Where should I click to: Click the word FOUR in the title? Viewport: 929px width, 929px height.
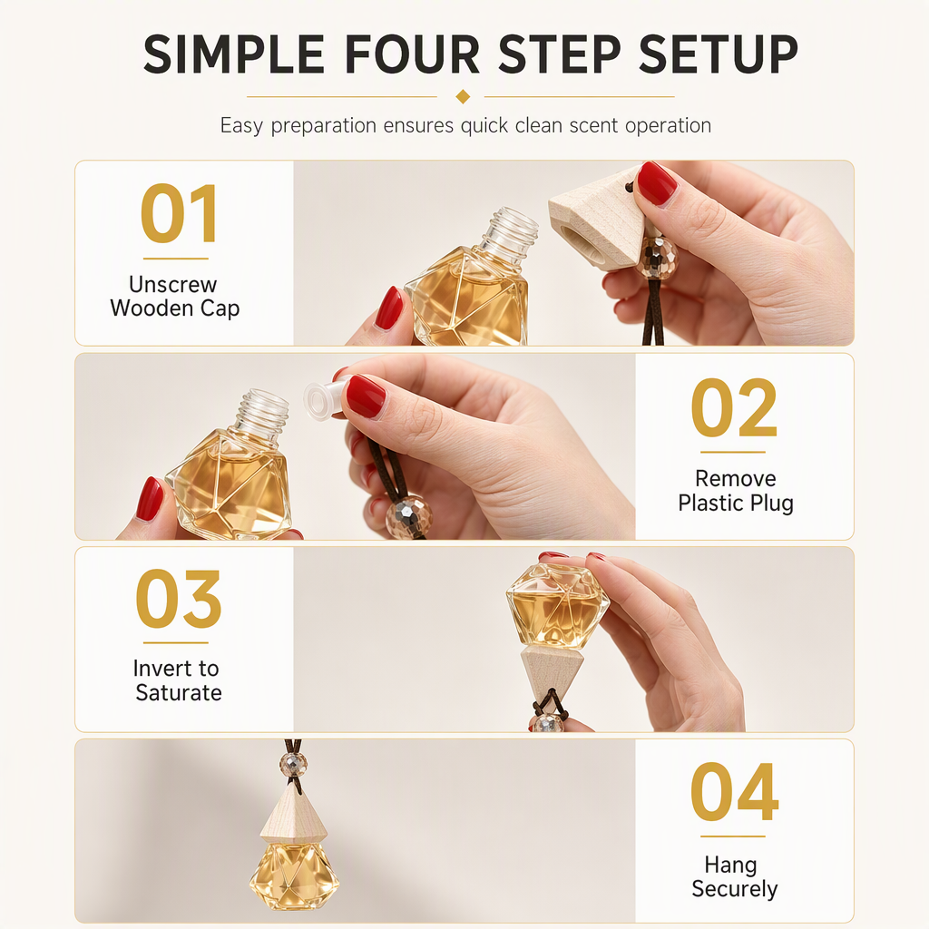(412, 54)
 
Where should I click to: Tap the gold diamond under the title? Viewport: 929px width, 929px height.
(464, 96)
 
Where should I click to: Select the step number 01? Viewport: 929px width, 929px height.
(179, 213)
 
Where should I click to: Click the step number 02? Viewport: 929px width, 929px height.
(733, 407)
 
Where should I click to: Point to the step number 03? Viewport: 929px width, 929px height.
(178, 599)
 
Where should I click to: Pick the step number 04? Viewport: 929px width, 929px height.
(734, 791)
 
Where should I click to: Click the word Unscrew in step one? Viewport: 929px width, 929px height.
(173, 284)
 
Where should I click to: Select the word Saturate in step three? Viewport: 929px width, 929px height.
(179, 692)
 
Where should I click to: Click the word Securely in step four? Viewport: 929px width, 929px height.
(734, 889)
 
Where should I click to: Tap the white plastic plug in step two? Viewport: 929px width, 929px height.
(322, 397)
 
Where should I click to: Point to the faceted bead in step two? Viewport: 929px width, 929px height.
(409, 516)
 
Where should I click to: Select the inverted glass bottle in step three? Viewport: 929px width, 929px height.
(557, 606)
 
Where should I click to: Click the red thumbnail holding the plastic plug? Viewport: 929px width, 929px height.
(366, 396)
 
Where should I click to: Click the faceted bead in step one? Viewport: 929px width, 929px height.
(657, 257)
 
